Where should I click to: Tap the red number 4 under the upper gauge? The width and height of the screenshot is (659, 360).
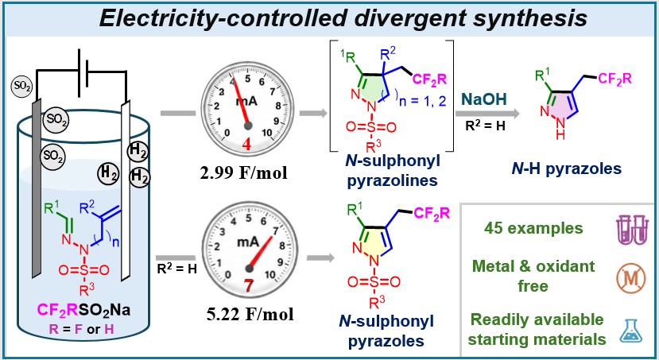[x=246, y=145]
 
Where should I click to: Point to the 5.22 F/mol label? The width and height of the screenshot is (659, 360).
[x=250, y=314]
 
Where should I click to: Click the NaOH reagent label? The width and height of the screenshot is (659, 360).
[x=485, y=99]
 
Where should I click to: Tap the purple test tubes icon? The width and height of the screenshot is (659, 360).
[x=631, y=230]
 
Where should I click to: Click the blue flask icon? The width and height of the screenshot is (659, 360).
[x=631, y=331]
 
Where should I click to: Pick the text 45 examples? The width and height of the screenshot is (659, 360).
[x=533, y=228]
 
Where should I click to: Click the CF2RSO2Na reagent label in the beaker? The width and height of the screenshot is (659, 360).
[x=83, y=310]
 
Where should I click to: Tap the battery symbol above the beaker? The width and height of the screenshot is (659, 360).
[x=83, y=68]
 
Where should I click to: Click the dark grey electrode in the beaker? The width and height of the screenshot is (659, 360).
[x=37, y=189]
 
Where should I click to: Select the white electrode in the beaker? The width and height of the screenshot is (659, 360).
[x=126, y=190]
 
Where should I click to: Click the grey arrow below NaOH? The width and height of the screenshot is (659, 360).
[x=487, y=114]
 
